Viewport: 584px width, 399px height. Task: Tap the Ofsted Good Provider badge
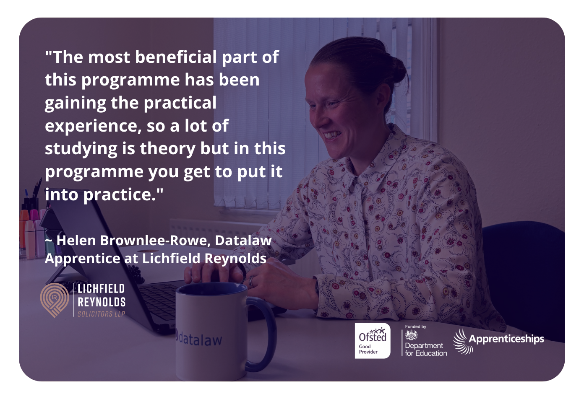click(x=372, y=341)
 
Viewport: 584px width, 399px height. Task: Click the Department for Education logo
click(x=425, y=341)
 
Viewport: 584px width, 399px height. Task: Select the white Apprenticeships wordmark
click(x=506, y=339)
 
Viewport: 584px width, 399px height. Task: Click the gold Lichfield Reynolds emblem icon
click(x=54, y=300)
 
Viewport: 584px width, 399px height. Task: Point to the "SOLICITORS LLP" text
click(x=101, y=314)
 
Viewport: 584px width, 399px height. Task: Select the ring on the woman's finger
click(x=251, y=281)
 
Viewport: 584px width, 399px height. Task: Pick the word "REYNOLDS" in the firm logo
click(x=101, y=302)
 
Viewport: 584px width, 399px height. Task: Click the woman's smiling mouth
click(x=331, y=135)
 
